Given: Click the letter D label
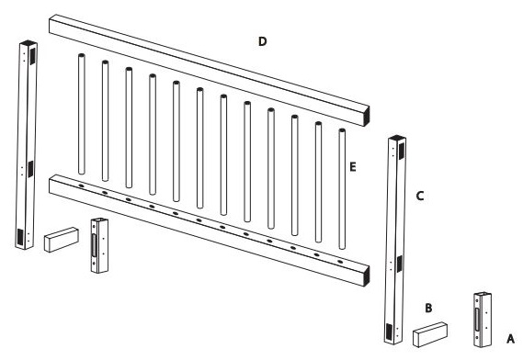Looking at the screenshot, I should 262,42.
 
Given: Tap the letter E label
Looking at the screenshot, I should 353,168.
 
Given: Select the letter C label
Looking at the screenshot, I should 419,196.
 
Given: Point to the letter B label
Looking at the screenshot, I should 428,308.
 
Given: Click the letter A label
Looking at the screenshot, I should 511,336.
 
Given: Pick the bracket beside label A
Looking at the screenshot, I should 482,320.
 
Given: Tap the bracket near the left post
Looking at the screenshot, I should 98,245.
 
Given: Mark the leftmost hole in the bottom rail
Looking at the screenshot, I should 81,186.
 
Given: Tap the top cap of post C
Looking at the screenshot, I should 395,138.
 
